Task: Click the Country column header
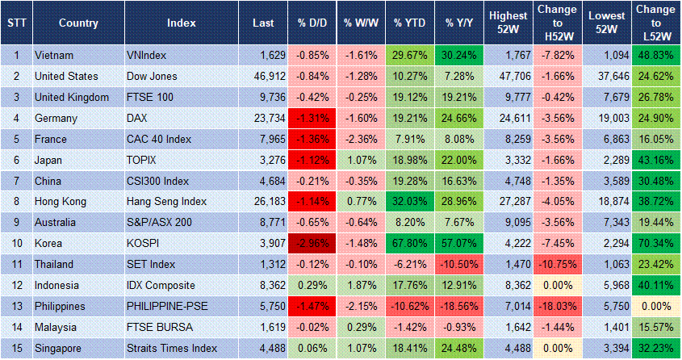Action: pyautogui.click(x=78, y=23)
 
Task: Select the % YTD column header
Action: pyautogui.click(x=409, y=23)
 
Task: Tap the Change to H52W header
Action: pyautogui.click(x=556, y=23)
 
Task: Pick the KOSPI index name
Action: pyautogui.click(x=146, y=244)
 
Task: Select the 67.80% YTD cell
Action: pyautogui.click(x=409, y=244)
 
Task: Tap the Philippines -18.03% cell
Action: pyautogui.click(x=556, y=307)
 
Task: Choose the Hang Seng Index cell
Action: pyautogui.click(x=167, y=202)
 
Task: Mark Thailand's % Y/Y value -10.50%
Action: pyautogui.click(x=460, y=265)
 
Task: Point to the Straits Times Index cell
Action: pyautogui.click(x=172, y=349)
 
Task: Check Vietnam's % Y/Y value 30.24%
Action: pyautogui.click(x=460, y=55)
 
